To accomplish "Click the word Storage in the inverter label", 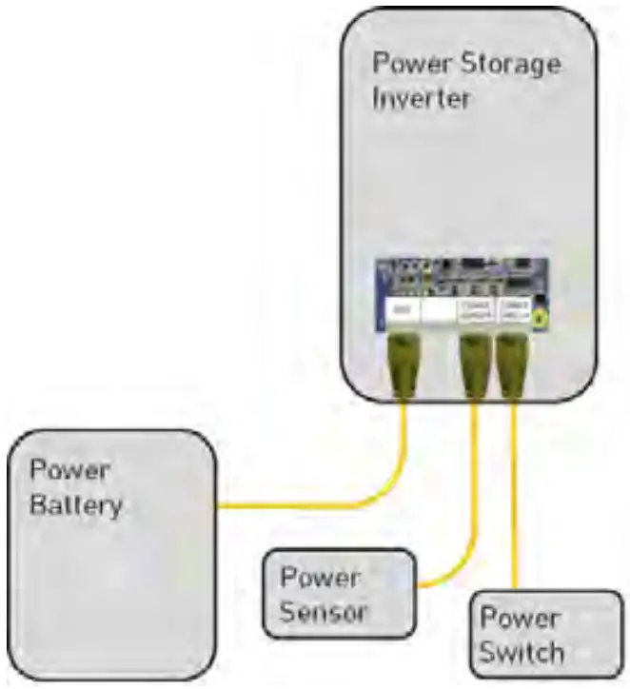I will [509, 65].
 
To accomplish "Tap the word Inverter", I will [422, 98].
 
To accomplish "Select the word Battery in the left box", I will [76, 504].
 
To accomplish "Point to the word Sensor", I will [324, 611].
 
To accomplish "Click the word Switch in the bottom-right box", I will [522, 653].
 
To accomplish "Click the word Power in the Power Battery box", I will [69, 470].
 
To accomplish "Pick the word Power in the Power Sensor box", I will [320, 578].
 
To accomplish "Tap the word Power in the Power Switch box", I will [520, 619].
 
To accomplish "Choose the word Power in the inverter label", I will [411, 65].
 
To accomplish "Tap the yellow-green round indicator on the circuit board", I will [541, 317].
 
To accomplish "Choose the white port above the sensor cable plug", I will [475, 310].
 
